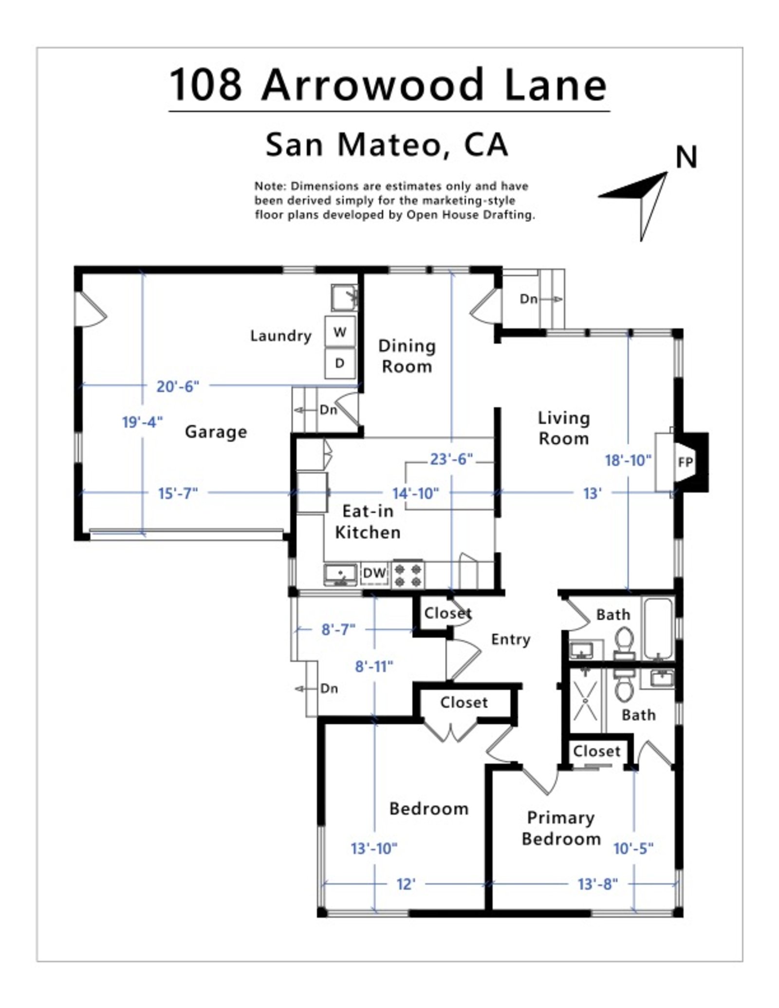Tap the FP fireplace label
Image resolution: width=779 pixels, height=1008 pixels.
click(x=685, y=462)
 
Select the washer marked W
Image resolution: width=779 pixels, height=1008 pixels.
click(x=340, y=332)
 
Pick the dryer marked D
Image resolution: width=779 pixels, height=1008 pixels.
click(x=340, y=363)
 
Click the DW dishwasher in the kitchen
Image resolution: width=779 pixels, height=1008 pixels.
click(x=374, y=573)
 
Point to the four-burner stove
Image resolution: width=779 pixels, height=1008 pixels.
click(x=408, y=574)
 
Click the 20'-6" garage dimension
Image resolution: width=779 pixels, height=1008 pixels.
click(x=178, y=386)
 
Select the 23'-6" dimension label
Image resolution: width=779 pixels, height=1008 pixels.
click(x=451, y=459)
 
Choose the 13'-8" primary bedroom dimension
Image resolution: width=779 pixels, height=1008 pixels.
click(x=597, y=884)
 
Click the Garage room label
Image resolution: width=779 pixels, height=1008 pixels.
click(x=216, y=432)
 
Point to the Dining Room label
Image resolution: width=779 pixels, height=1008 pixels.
click(x=407, y=356)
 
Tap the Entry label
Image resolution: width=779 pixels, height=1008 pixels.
click(x=510, y=640)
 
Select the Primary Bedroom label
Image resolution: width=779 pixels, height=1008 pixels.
click(x=561, y=828)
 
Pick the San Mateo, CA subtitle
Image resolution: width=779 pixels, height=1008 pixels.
click(x=387, y=145)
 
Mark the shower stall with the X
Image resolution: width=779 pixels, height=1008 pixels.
click(x=585, y=701)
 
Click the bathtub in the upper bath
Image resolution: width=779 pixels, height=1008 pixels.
click(x=658, y=627)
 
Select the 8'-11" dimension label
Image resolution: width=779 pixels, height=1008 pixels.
click(x=374, y=666)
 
